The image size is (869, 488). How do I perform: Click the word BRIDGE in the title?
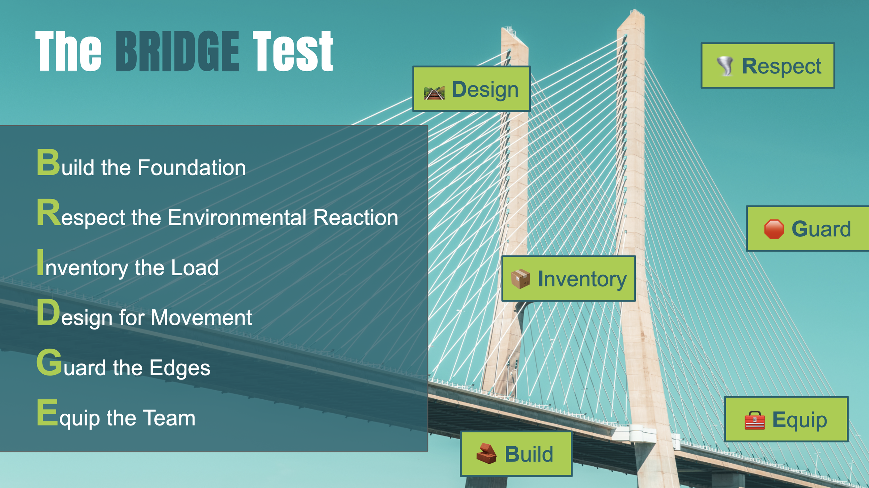pyautogui.click(x=177, y=51)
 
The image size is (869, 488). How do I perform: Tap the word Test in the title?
pyautogui.click(x=293, y=51)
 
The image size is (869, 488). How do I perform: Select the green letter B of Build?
pyautogui.click(x=48, y=162)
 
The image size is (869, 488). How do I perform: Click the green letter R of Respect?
pyautogui.click(x=48, y=213)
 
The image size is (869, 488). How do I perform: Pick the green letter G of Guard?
pyautogui.click(x=49, y=363)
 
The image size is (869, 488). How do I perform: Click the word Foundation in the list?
pyautogui.click(x=192, y=168)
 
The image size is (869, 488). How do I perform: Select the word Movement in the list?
pyautogui.click(x=201, y=318)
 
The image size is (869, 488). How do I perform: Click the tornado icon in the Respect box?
pyautogui.click(x=726, y=66)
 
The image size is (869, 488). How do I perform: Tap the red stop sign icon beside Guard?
pyautogui.click(x=774, y=229)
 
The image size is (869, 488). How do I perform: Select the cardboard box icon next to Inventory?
pyautogui.click(x=520, y=279)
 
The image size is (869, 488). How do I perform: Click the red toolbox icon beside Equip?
pyautogui.click(x=755, y=420)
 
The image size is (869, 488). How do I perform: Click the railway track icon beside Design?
pyautogui.click(x=434, y=93)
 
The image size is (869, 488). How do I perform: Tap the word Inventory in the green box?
pyautogui.click(x=582, y=279)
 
